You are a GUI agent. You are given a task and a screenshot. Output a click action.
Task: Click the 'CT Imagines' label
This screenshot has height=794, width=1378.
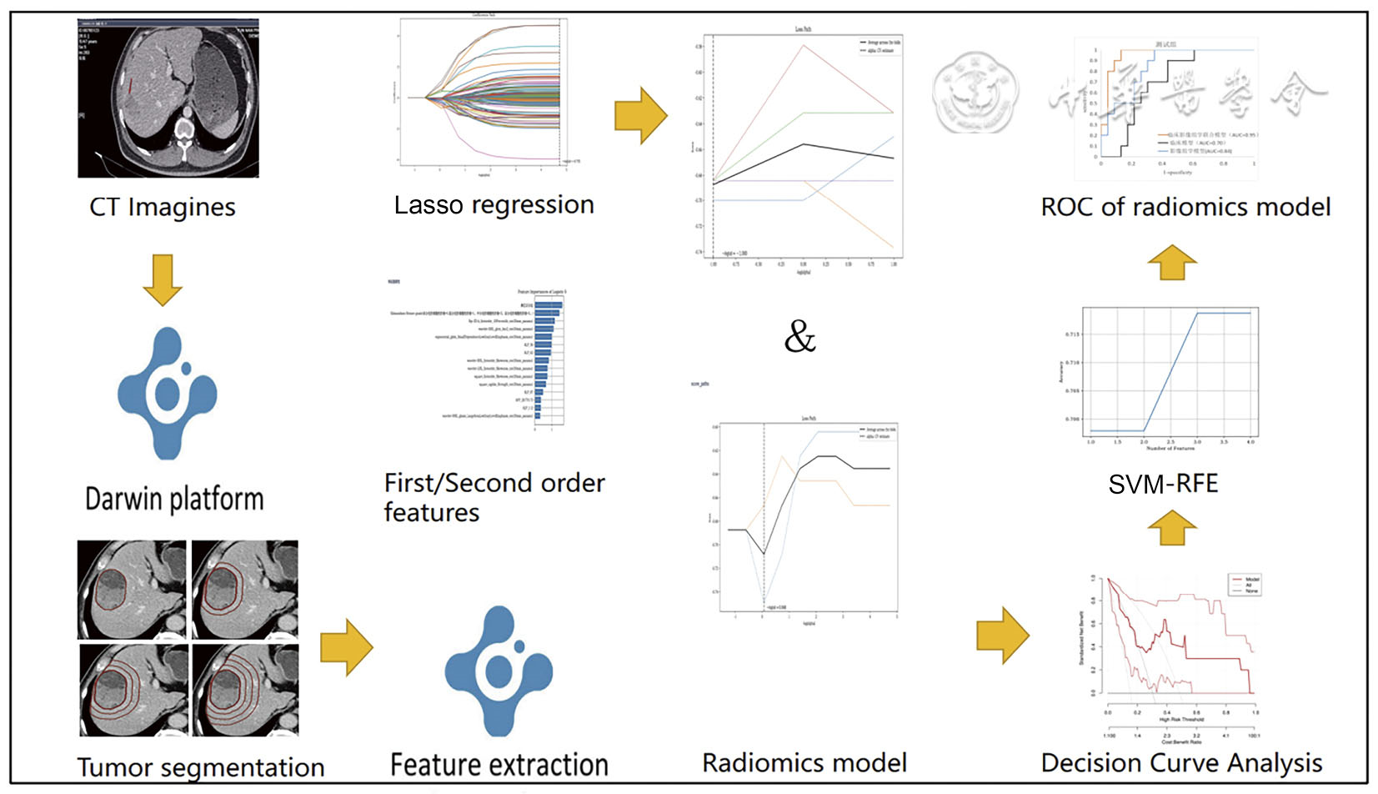(x=163, y=207)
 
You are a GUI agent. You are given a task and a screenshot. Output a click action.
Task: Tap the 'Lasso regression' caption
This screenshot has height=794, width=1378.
(x=494, y=205)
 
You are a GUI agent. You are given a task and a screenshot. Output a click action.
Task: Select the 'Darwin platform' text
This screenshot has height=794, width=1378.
(x=174, y=499)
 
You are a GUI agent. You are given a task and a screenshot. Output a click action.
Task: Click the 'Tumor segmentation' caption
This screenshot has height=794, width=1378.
(x=201, y=766)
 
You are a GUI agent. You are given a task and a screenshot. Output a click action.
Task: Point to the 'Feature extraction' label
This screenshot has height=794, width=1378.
(x=499, y=764)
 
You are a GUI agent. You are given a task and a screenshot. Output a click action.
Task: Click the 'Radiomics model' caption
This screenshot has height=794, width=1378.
(x=804, y=762)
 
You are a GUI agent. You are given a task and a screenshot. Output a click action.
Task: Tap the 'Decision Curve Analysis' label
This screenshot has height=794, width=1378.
(x=1181, y=762)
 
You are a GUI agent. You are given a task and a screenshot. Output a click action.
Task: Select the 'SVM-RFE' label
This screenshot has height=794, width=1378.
(x=1163, y=484)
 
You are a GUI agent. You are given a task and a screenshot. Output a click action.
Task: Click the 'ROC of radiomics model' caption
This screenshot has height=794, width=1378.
(x=1185, y=207)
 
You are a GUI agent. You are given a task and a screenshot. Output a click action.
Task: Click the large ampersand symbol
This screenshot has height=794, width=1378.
(x=799, y=337)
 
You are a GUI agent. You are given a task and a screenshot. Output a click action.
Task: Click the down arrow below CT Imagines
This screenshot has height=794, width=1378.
(x=163, y=279)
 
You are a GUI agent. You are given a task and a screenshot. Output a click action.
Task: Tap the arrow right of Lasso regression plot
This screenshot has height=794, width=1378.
(x=640, y=116)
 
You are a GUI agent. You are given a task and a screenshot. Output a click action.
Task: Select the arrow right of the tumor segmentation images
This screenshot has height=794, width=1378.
(x=346, y=646)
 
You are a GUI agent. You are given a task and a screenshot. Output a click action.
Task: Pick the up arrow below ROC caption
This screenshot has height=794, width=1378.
(x=1171, y=262)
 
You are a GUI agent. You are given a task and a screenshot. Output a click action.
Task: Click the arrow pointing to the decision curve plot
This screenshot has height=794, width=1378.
(x=1002, y=636)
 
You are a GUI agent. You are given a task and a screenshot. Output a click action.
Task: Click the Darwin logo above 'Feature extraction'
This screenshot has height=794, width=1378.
(x=499, y=670)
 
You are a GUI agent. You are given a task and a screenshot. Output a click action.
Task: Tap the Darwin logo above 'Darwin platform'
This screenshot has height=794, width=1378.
(x=168, y=392)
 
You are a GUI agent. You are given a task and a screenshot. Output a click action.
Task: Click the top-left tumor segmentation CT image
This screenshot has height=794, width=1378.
(x=132, y=590)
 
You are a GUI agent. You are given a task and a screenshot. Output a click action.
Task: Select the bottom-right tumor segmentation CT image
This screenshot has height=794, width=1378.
(x=245, y=690)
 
